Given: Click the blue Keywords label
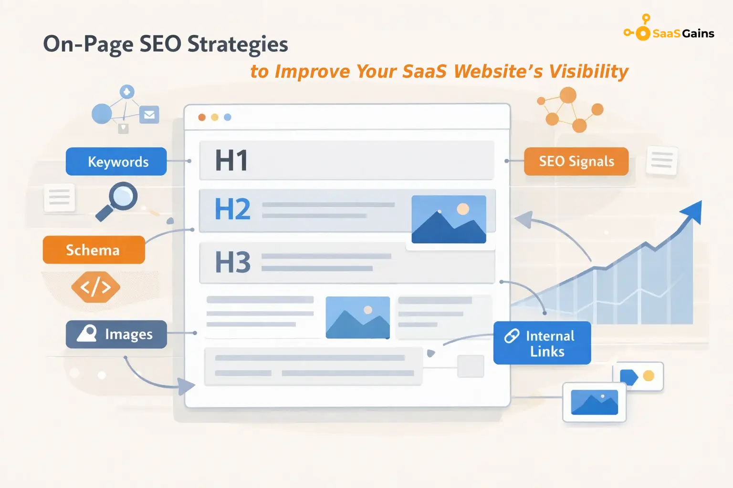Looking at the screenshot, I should (x=116, y=162).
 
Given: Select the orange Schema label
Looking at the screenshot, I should (x=94, y=250).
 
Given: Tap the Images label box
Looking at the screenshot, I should (x=116, y=334).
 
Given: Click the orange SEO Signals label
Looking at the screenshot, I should (x=576, y=162).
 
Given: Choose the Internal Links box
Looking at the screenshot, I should (x=542, y=343).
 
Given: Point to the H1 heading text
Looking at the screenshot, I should (x=231, y=160).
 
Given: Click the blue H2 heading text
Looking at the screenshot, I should (x=232, y=209).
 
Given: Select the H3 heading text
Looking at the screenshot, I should (x=232, y=262).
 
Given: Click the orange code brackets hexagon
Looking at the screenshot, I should (x=95, y=287).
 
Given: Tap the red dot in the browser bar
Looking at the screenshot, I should (x=202, y=117).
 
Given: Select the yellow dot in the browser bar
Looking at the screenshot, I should (x=215, y=117).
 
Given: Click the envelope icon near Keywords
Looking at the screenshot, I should (x=149, y=115).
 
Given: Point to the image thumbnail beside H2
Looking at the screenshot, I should (x=449, y=219).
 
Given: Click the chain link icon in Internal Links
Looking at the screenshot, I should (x=512, y=336).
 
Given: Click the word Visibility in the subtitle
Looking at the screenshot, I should (x=588, y=71).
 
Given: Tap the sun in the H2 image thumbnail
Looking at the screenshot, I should (x=462, y=209).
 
